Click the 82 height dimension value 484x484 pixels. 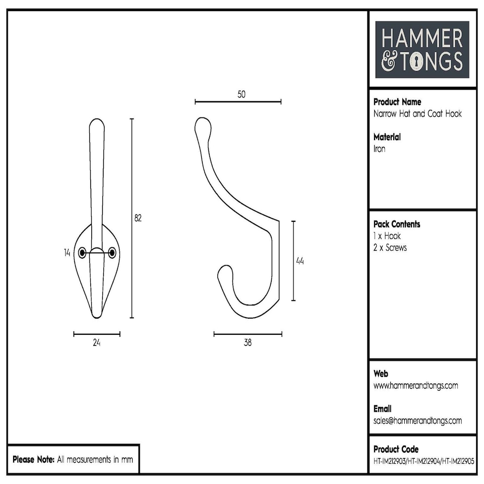[x=138, y=218]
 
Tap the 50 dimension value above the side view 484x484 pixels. [x=241, y=94]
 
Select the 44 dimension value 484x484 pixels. [x=300, y=261]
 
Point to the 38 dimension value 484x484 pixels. [x=248, y=343]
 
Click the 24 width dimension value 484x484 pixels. [x=97, y=343]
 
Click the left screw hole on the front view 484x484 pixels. [x=82, y=253]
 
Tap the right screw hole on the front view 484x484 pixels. [x=112, y=253]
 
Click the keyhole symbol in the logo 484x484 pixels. [x=417, y=62]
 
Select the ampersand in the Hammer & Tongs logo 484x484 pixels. [x=389, y=62]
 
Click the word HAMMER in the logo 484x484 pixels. [x=422, y=39]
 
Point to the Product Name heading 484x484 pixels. [x=397, y=102]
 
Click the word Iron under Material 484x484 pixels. [x=380, y=149]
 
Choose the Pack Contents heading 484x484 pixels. [x=397, y=224]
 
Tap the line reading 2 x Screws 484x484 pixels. [x=390, y=248]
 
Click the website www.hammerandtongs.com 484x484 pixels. [x=416, y=386]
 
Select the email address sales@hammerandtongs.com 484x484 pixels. [x=417, y=420]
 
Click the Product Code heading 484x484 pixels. [x=396, y=449]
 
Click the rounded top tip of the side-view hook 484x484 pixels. [x=202, y=125]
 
